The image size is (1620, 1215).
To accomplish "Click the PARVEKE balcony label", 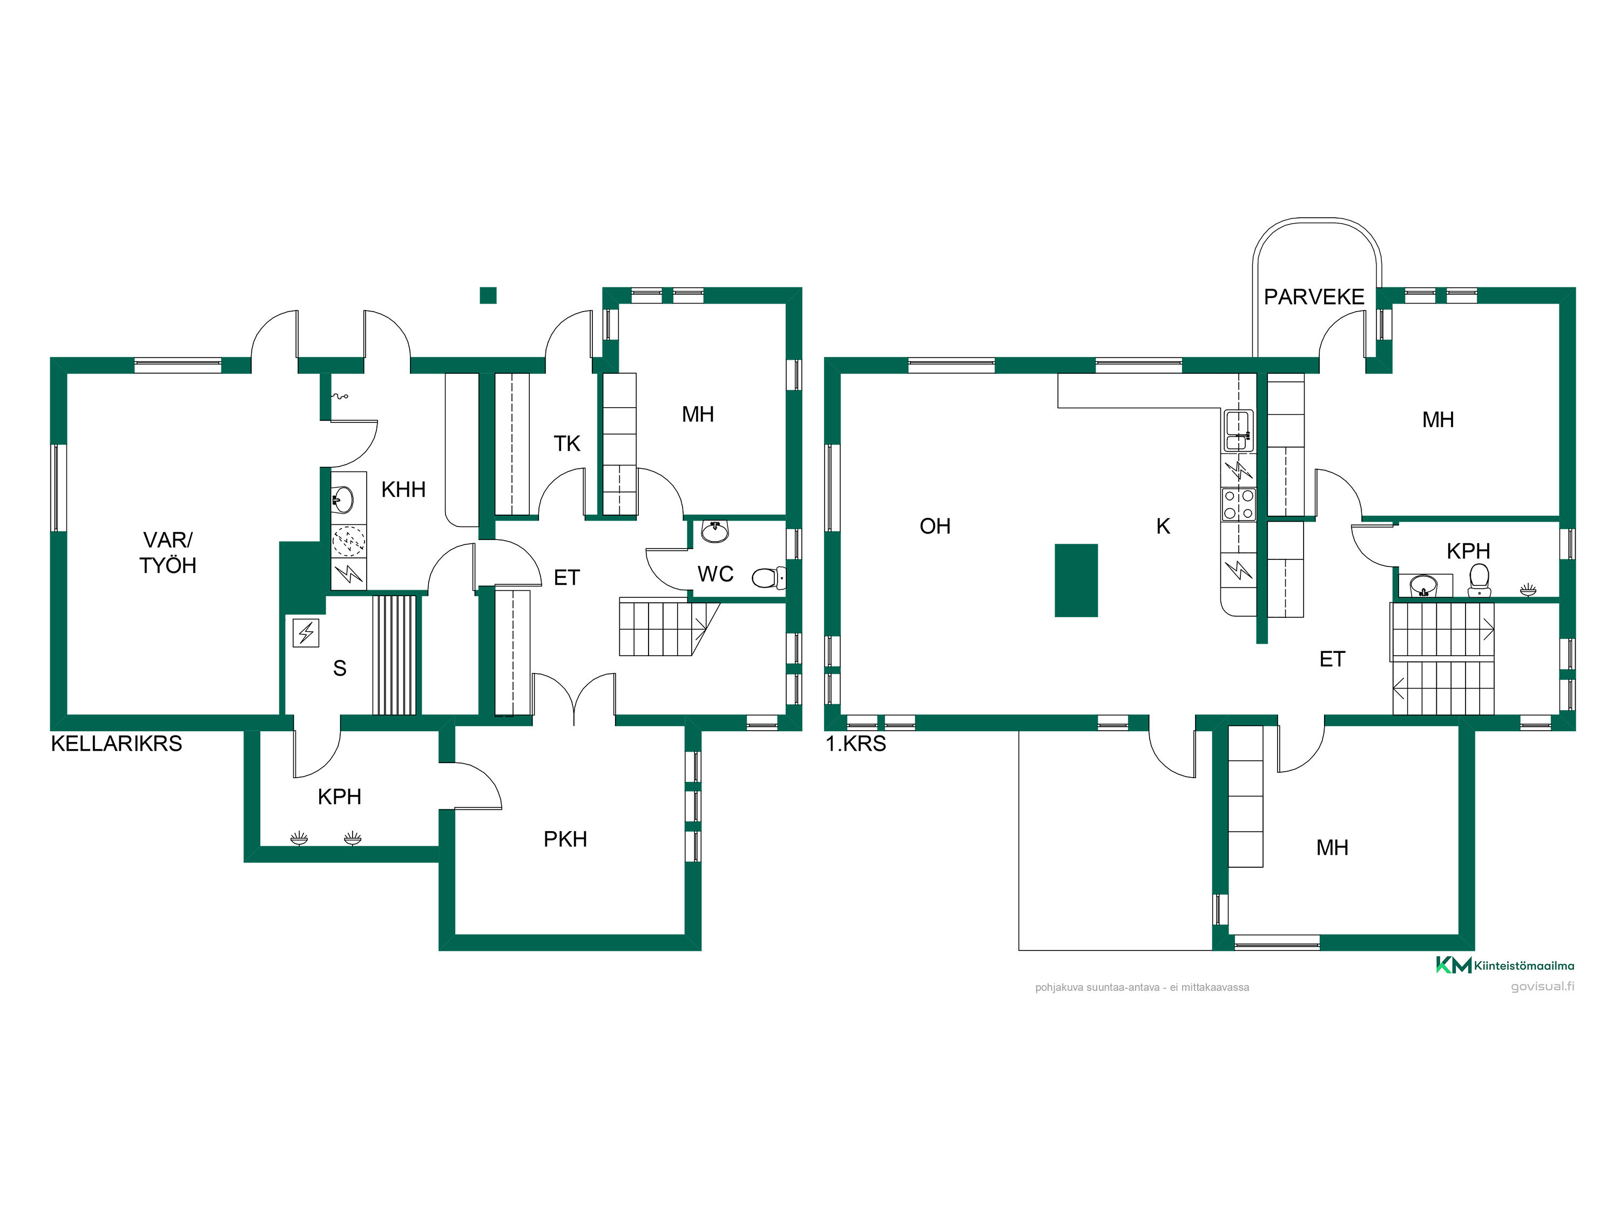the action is (x=1314, y=296).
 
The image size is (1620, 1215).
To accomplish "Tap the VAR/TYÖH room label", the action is (x=168, y=552).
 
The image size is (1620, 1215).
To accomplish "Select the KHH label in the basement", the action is (x=403, y=489).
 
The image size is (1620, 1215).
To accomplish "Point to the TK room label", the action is (x=567, y=443).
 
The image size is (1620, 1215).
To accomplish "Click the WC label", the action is (x=715, y=573).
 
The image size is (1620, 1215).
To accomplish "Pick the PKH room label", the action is (x=565, y=839).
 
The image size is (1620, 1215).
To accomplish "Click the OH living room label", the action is (x=935, y=526).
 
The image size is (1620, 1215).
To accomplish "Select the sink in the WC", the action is (x=715, y=531).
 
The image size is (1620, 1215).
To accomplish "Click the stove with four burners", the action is (x=1238, y=504).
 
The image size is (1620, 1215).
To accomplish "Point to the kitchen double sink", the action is (x=1238, y=430).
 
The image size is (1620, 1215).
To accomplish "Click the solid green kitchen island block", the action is (x=1076, y=580).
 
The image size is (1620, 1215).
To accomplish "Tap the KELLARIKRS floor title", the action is (x=117, y=744).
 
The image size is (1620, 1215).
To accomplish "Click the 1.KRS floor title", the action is (x=855, y=744).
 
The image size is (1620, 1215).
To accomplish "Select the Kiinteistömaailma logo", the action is (x=1505, y=966).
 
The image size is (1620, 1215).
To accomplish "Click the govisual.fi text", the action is (x=1542, y=987).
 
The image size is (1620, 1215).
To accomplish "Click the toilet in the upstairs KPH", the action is (x=1480, y=580).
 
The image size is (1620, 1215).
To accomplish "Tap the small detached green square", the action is (x=488, y=295).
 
